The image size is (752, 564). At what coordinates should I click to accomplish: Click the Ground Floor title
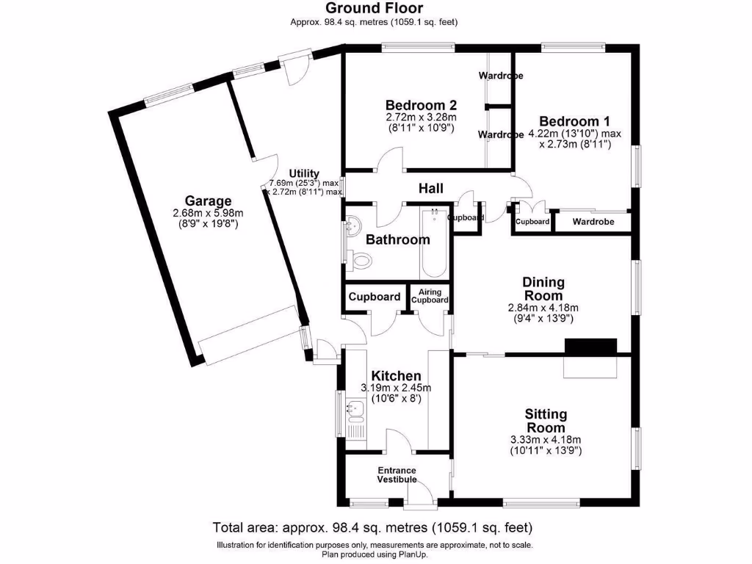375,8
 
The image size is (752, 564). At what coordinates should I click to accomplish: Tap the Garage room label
208,200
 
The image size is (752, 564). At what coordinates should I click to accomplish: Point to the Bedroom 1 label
574,121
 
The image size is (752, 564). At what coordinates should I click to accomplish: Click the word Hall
431,189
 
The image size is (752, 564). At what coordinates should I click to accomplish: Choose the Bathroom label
397,239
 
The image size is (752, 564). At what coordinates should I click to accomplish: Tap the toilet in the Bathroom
361,259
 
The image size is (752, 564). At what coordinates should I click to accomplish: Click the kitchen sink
355,408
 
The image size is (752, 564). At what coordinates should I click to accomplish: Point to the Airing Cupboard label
430,296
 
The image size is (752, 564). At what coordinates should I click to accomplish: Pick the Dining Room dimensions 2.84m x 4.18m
543,308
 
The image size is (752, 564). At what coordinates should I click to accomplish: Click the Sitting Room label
545,421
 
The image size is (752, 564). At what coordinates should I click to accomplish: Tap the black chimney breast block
590,346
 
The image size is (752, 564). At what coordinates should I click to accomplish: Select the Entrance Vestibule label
397,475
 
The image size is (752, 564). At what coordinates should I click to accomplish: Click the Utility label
303,173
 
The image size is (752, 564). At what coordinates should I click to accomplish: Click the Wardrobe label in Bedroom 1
593,221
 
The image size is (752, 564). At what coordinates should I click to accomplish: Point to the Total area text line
372,527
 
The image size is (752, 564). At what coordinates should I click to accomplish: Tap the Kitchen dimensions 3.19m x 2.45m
396,388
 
